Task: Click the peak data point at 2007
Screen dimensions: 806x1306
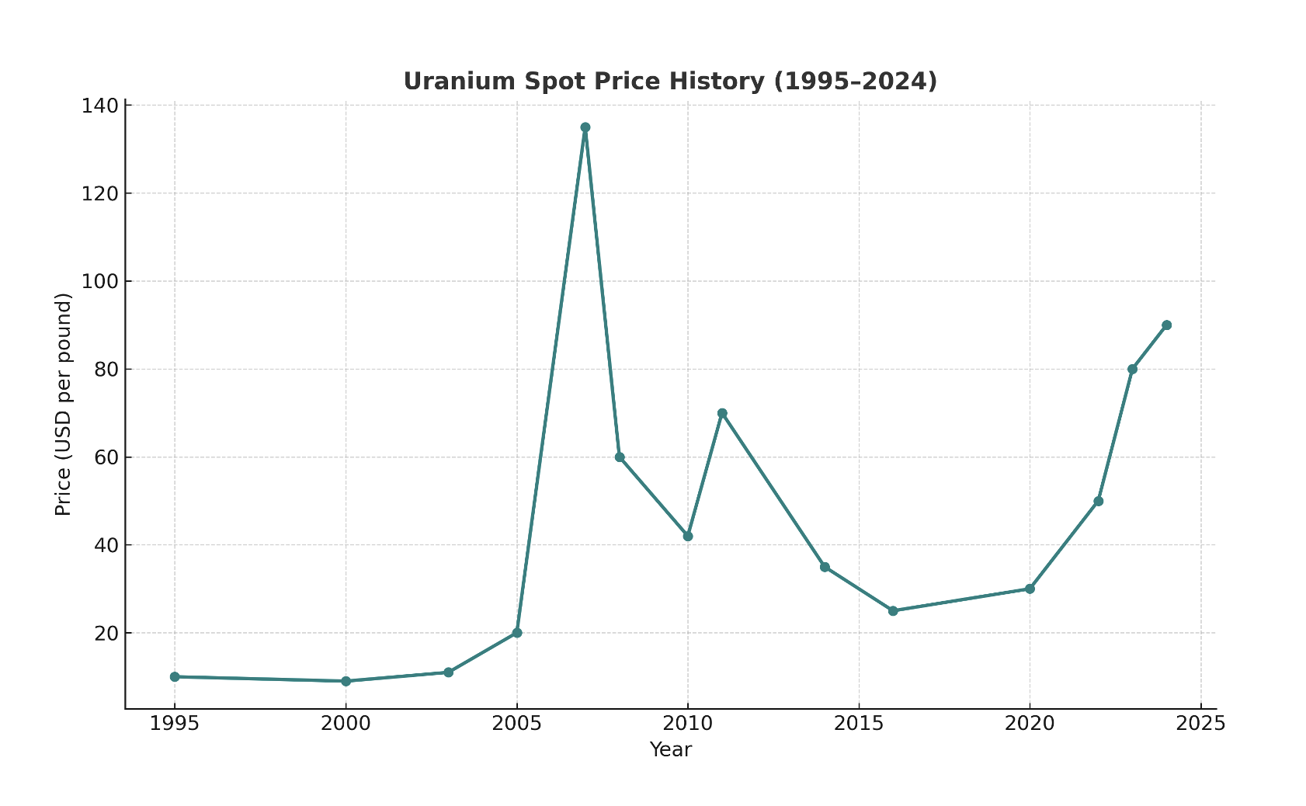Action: pos(585,127)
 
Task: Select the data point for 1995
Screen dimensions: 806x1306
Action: pos(175,677)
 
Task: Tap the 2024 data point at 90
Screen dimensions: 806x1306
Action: pos(1166,325)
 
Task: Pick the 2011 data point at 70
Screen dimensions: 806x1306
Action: pos(722,413)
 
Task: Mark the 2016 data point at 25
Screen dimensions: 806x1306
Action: pos(893,611)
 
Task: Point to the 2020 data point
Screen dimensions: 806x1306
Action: pos(1030,589)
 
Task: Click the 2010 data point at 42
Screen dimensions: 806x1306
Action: pos(688,537)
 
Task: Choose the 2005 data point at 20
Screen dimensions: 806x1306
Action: pos(517,633)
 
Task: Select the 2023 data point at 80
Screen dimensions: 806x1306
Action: pos(1132,370)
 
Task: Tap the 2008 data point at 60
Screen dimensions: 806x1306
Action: pos(620,457)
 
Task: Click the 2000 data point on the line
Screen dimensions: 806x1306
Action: pos(346,681)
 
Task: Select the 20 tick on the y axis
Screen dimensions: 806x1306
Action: pos(107,633)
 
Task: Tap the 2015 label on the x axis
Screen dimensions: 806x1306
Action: pos(859,724)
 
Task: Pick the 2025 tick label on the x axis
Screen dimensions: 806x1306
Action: pos(1200,724)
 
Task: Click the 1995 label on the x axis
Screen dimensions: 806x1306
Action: pos(175,724)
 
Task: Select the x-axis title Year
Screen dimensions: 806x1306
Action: pos(670,750)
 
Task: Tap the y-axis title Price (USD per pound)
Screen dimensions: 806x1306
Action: pos(64,404)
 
